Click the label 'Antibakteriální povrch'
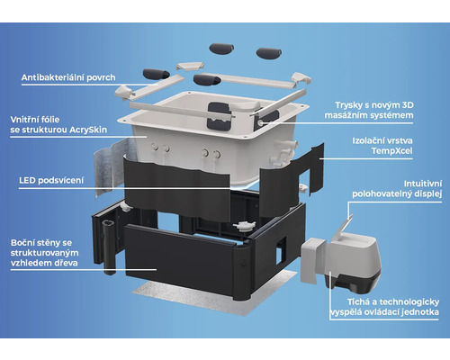(68, 77)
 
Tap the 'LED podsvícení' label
(51, 181)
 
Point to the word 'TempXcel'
(391, 150)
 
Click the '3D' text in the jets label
(408, 105)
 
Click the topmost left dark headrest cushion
(221, 49)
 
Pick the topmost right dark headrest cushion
(269, 53)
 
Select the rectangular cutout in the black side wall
(281, 250)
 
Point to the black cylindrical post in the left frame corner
(109, 247)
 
